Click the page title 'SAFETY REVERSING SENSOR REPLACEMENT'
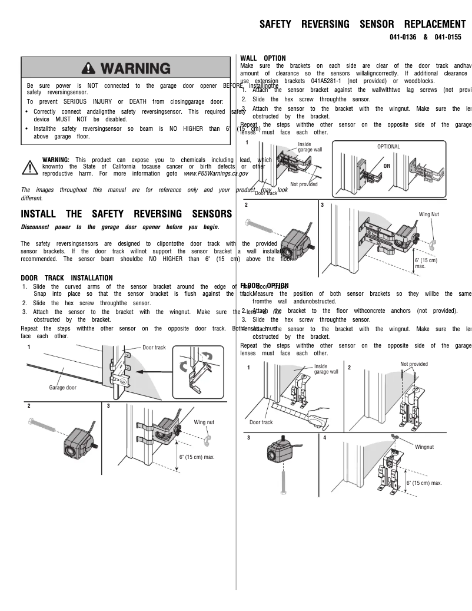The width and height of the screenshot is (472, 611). click(x=363, y=24)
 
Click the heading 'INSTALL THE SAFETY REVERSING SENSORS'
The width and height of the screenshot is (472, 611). click(x=126, y=214)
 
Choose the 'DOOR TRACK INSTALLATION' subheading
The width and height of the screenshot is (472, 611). click(x=67, y=278)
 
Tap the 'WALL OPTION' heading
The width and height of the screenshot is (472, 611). click(x=263, y=58)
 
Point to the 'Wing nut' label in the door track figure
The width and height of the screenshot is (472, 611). click(x=204, y=422)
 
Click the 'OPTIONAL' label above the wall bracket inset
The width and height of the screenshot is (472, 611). click(x=388, y=147)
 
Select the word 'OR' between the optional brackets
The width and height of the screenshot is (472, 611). click(x=387, y=166)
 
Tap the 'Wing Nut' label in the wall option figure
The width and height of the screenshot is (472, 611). click(x=428, y=215)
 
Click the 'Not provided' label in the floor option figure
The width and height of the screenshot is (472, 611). click(x=414, y=364)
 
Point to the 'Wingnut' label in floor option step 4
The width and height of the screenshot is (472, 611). click(x=424, y=447)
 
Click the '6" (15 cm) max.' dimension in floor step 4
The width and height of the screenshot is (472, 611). click(x=424, y=483)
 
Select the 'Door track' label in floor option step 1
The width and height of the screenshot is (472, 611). click(x=261, y=422)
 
